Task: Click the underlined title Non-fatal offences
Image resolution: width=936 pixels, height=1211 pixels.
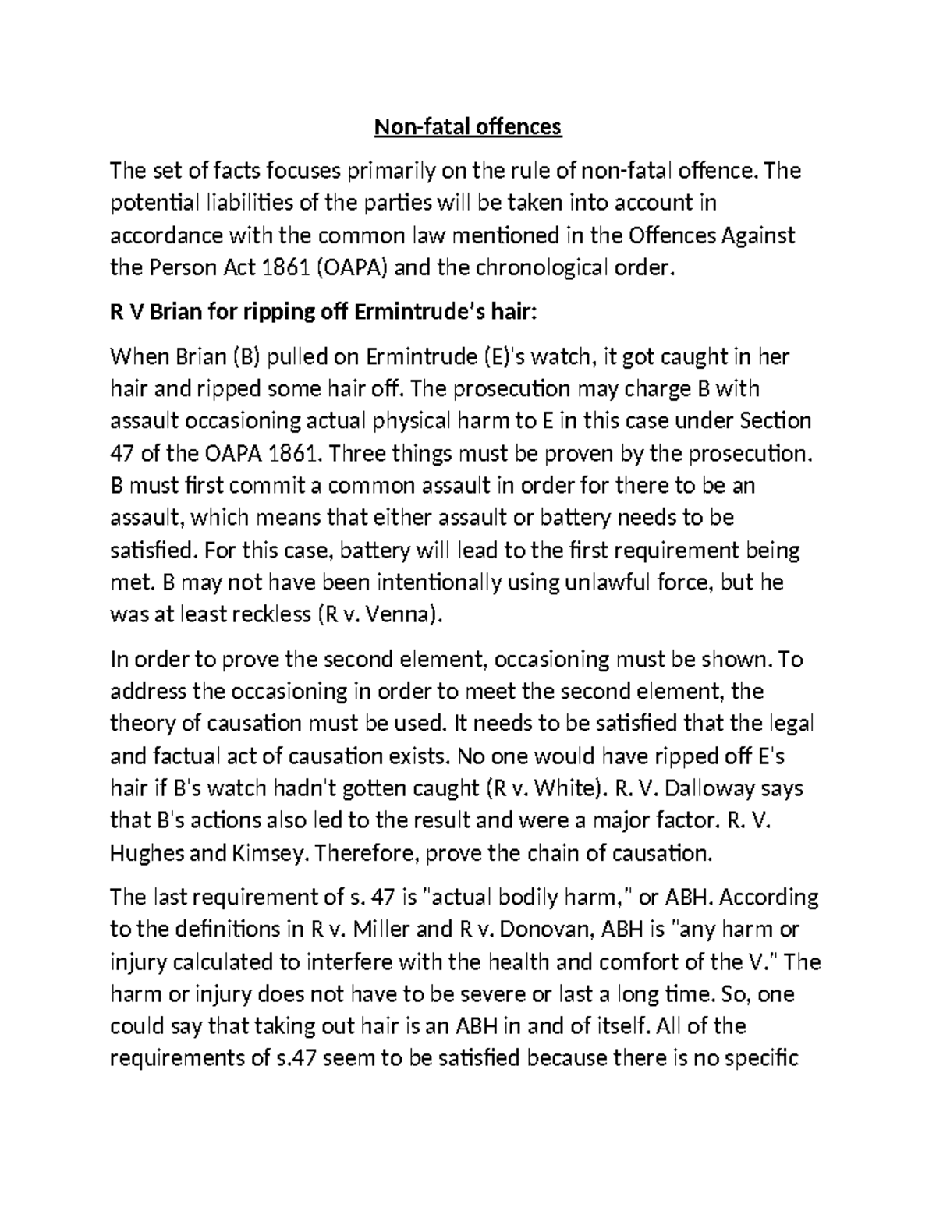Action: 468,126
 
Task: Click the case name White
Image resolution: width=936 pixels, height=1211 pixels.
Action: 565,788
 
